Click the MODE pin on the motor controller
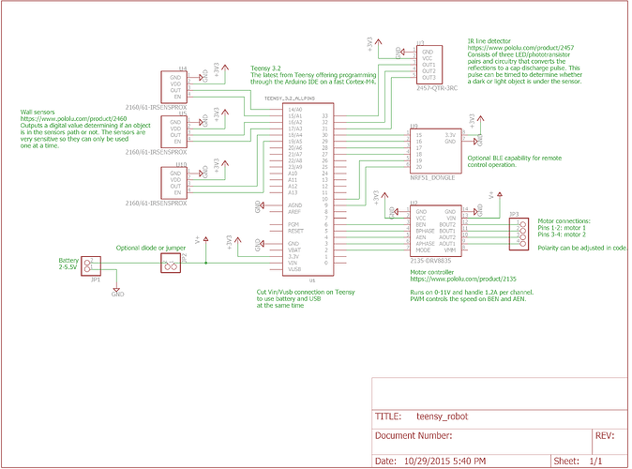coord(422,250)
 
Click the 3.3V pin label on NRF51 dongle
coord(450,135)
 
